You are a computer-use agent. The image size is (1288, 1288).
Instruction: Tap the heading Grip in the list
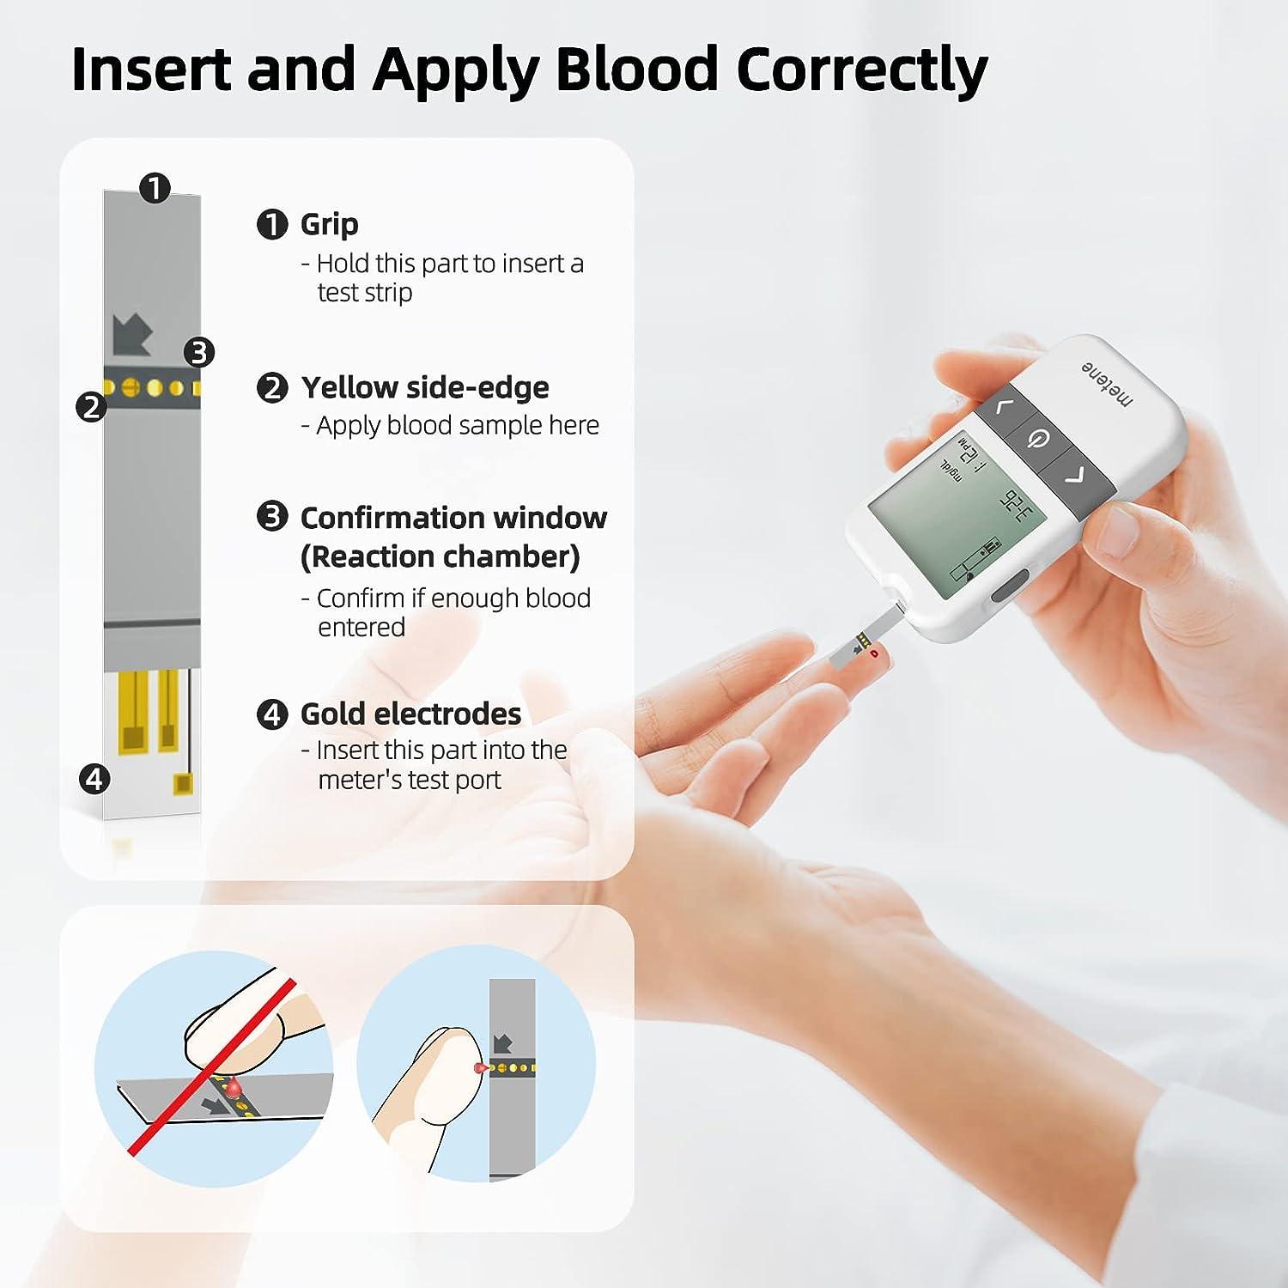pos(329,224)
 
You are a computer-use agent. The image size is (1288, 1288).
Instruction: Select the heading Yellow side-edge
pos(425,387)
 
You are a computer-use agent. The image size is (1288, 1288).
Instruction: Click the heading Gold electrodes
pos(410,714)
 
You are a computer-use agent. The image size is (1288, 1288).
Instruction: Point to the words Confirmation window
pos(453,518)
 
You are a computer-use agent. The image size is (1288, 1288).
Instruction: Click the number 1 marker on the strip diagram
pos(155,187)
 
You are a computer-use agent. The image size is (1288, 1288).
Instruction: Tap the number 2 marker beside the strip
pos(91,406)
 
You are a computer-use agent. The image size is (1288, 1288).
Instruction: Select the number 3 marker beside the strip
pos(199,352)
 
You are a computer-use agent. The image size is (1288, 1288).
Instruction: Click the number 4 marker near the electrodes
pos(94,779)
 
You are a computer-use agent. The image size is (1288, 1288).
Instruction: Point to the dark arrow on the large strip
pos(132,335)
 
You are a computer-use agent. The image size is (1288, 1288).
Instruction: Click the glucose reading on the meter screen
pos(1018,507)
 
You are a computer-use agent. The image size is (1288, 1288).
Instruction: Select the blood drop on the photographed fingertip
pos(874,655)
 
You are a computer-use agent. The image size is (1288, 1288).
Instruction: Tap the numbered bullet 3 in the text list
pos(272,516)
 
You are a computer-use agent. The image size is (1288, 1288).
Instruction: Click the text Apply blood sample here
pos(457,425)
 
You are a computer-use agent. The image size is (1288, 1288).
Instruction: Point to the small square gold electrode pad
pos(183,782)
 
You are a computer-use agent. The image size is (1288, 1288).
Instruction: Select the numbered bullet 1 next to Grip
pos(272,225)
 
